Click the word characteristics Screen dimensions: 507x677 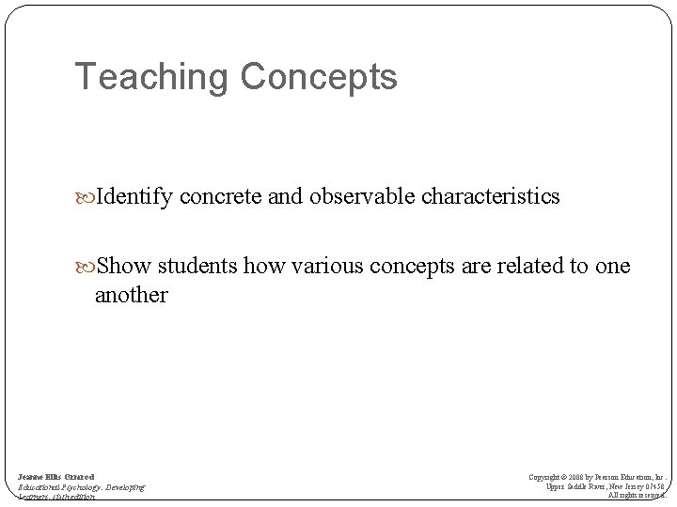tap(493, 197)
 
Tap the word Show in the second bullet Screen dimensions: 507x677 tap(119, 267)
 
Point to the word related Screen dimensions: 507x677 tap(527, 267)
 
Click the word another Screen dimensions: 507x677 tap(131, 295)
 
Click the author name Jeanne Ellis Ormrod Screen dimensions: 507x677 tap(55, 476)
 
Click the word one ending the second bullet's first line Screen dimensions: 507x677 tap(613, 267)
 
